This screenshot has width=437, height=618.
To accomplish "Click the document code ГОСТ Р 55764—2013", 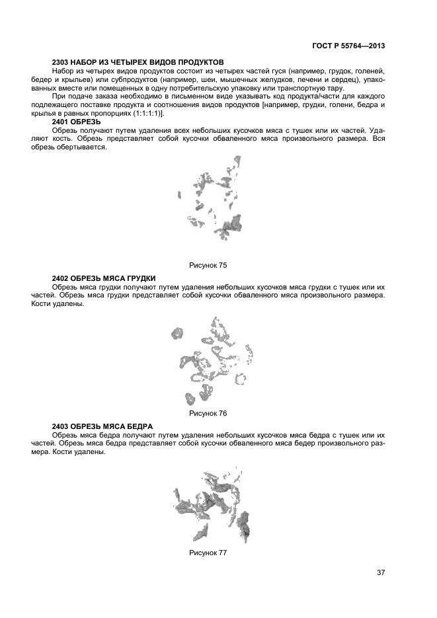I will pos(348,46).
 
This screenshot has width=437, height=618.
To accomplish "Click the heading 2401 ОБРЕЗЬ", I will pos(76,122).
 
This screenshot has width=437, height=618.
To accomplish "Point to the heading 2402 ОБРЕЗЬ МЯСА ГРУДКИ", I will pos(103,279).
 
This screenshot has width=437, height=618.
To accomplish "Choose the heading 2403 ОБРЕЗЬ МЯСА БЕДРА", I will pos(102,426).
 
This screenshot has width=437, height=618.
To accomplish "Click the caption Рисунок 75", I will pos(208,265).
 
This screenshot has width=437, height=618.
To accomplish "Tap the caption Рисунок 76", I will pos(208,413).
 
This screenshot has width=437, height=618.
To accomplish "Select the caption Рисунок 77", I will pos(208,553).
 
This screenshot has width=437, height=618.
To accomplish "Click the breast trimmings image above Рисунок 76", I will pos(212,360).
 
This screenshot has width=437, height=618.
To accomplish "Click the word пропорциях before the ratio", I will pos(108,114).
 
